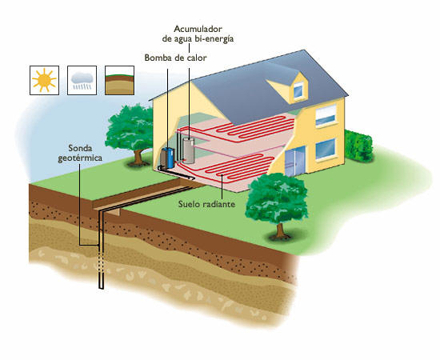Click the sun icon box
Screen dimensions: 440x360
[44, 80]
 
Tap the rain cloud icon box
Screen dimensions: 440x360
[82, 80]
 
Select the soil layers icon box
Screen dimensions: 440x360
[119, 80]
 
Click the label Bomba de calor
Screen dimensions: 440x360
[175, 58]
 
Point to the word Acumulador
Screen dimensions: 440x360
[198, 29]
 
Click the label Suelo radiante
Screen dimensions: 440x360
[206, 204]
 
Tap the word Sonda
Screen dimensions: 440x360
[80, 148]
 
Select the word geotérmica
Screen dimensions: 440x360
[80, 158]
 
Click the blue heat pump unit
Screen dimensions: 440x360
[167, 158]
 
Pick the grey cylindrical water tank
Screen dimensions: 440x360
[189, 150]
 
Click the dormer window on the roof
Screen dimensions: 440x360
[298, 90]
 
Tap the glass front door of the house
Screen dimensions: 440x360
[295, 162]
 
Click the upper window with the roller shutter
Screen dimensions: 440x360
[326, 115]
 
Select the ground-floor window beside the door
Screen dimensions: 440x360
[326, 149]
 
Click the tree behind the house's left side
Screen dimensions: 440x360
[130, 134]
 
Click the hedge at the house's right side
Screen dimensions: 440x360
[358, 146]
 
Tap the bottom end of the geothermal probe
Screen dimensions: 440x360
[102, 288]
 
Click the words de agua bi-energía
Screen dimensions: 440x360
[198, 38]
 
